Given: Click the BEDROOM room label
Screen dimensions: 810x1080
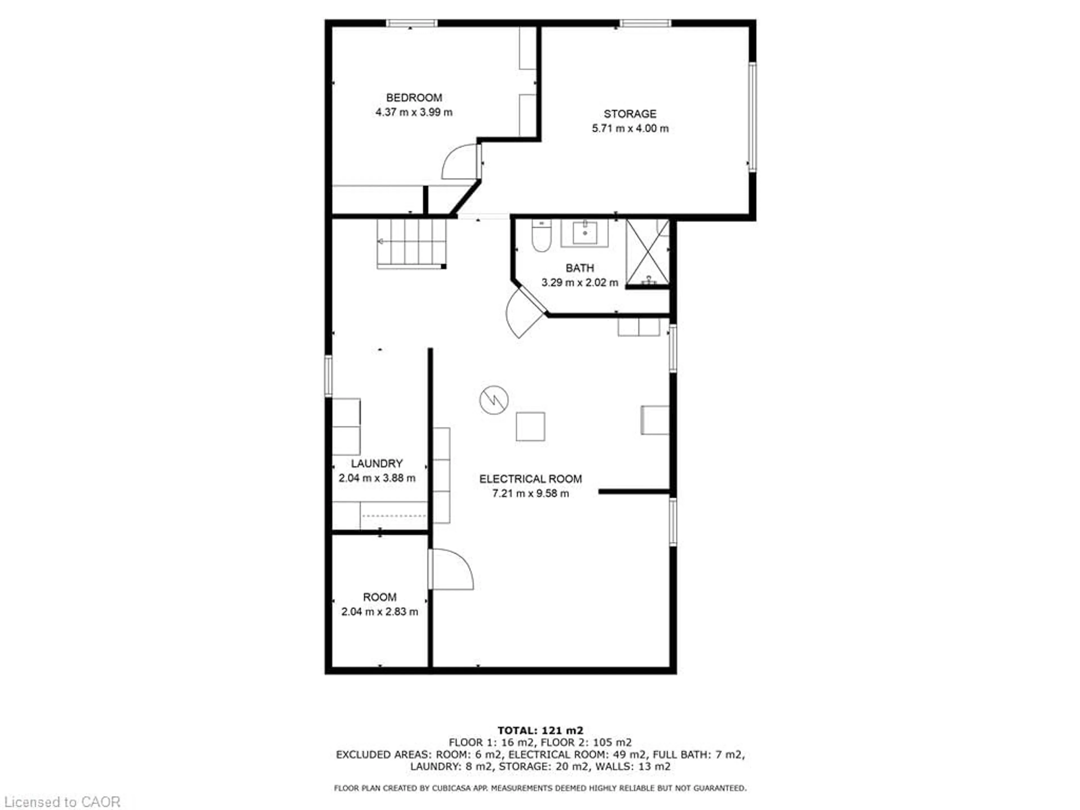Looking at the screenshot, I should coord(414,98).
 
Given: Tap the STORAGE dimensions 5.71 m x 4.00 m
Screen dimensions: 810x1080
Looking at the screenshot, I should coord(630,129).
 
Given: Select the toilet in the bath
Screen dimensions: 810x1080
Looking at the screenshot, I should coord(541,236).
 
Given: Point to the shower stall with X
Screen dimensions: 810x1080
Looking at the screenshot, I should coord(647,252).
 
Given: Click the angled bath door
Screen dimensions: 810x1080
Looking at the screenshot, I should coord(525,312).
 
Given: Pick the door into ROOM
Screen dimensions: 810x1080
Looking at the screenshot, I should coord(451,569).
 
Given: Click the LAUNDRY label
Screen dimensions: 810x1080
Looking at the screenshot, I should coord(376,463).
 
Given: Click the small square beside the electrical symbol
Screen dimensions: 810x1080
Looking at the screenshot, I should coord(530,426).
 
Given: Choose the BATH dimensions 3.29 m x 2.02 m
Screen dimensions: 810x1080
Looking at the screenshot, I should coord(580,282).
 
